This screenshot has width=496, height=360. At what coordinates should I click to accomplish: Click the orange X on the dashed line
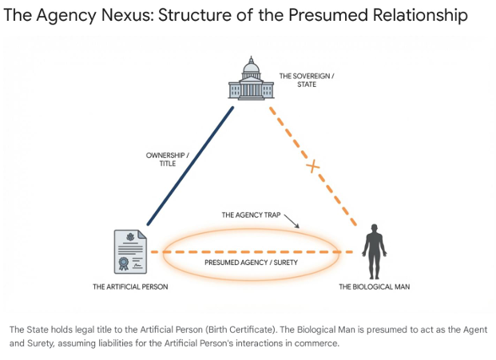[313, 166]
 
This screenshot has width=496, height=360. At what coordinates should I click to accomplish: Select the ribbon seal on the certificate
[124, 263]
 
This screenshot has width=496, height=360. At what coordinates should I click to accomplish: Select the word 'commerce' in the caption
[317, 344]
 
